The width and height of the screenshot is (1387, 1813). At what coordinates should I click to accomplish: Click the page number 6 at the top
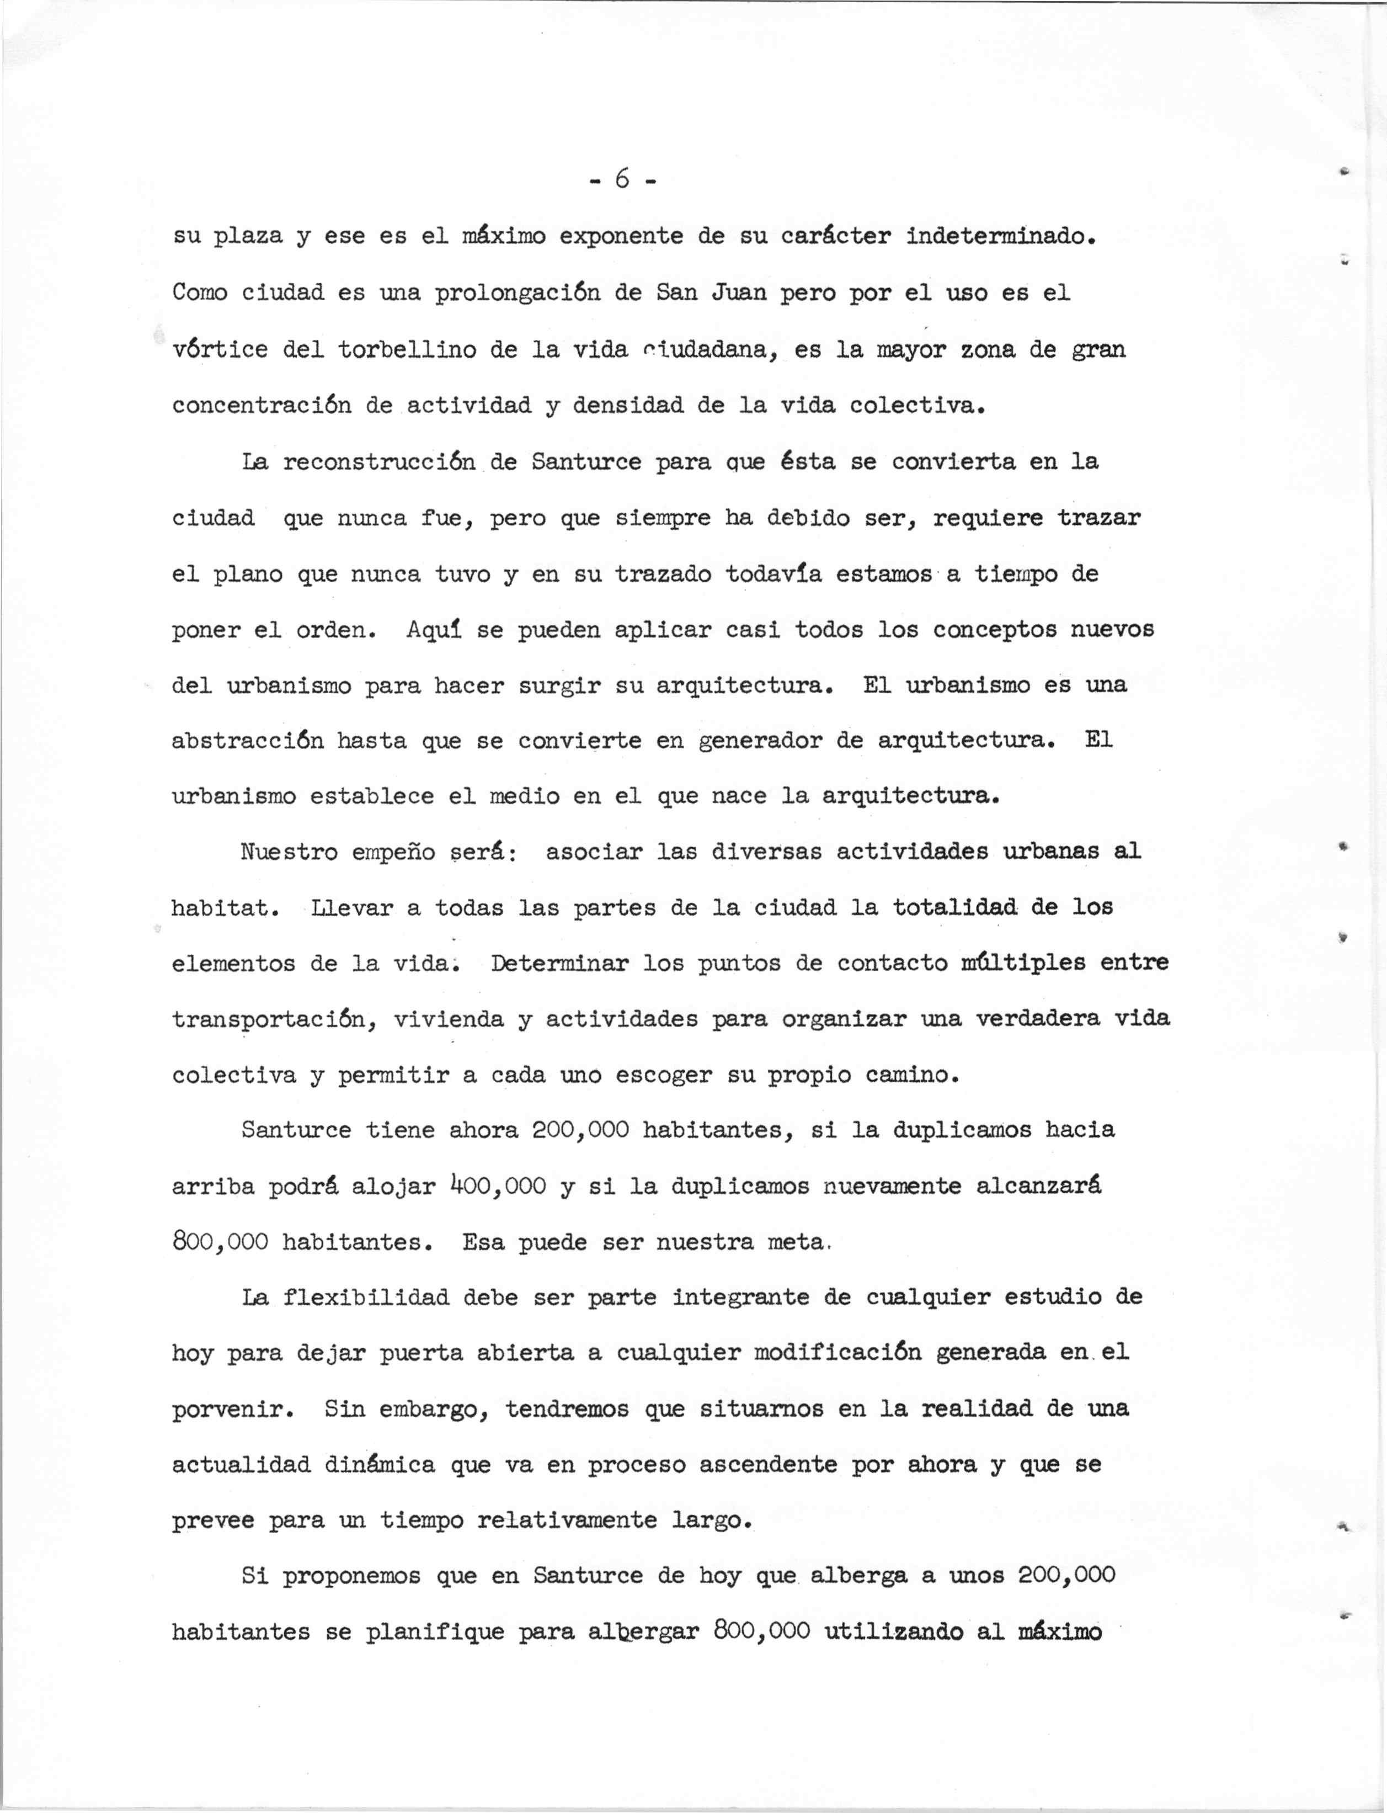pyautogui.click(x=622, y=178)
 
